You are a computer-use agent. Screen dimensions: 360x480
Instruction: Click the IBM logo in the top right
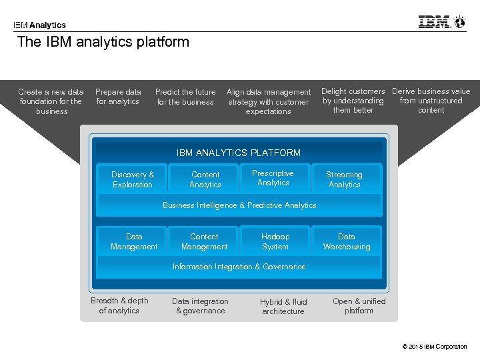[x=441, y=22]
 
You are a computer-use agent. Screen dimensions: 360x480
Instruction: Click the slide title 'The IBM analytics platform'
[x=103, y=42]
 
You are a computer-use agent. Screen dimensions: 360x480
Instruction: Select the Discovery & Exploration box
[x=133, y=179]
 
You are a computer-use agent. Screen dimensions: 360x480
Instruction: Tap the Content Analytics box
[x=205, y=179]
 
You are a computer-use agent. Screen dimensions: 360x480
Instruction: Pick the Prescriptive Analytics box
[x=273, y=178]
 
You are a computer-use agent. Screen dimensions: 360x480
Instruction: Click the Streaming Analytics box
[x=345, y=179]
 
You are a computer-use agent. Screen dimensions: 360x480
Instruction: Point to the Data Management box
[x=134, y=241]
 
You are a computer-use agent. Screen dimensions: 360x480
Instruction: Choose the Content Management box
[x=204, y=241]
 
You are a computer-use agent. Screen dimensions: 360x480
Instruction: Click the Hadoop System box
[x=275, y=241]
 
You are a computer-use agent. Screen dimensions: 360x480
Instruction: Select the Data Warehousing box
[x=347, y=241]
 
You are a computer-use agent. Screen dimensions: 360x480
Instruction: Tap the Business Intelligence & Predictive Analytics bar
[x=239, y=205]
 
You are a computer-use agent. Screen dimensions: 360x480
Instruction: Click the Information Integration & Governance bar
[x=239, y=267]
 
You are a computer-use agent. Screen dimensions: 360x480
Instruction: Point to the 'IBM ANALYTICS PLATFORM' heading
[x=239, y=153]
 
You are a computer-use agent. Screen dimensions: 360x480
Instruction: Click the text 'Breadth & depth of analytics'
[x=119, y=305]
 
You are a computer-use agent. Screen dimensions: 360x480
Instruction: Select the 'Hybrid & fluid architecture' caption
[x=283, y=306]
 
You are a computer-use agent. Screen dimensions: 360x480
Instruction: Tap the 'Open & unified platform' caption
[x=359, y=305]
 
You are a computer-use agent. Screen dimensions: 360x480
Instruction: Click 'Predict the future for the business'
[x=185, y=97]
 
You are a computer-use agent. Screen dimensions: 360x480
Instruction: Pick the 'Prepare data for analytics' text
[x=118, y=97]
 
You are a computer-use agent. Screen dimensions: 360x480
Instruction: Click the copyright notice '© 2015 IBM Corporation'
[x=435, y=347]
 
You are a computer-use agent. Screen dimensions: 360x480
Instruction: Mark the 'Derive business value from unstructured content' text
[x=431, y=101]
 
